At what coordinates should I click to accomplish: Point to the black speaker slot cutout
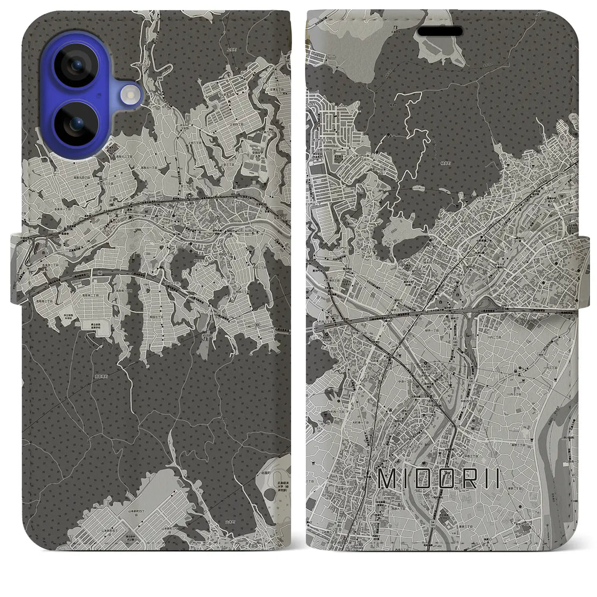click(440, 31)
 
